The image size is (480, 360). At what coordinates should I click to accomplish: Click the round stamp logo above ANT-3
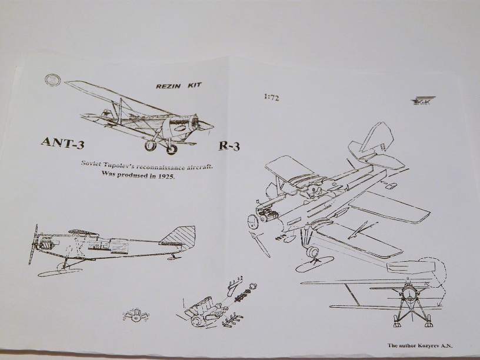(52, 81)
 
